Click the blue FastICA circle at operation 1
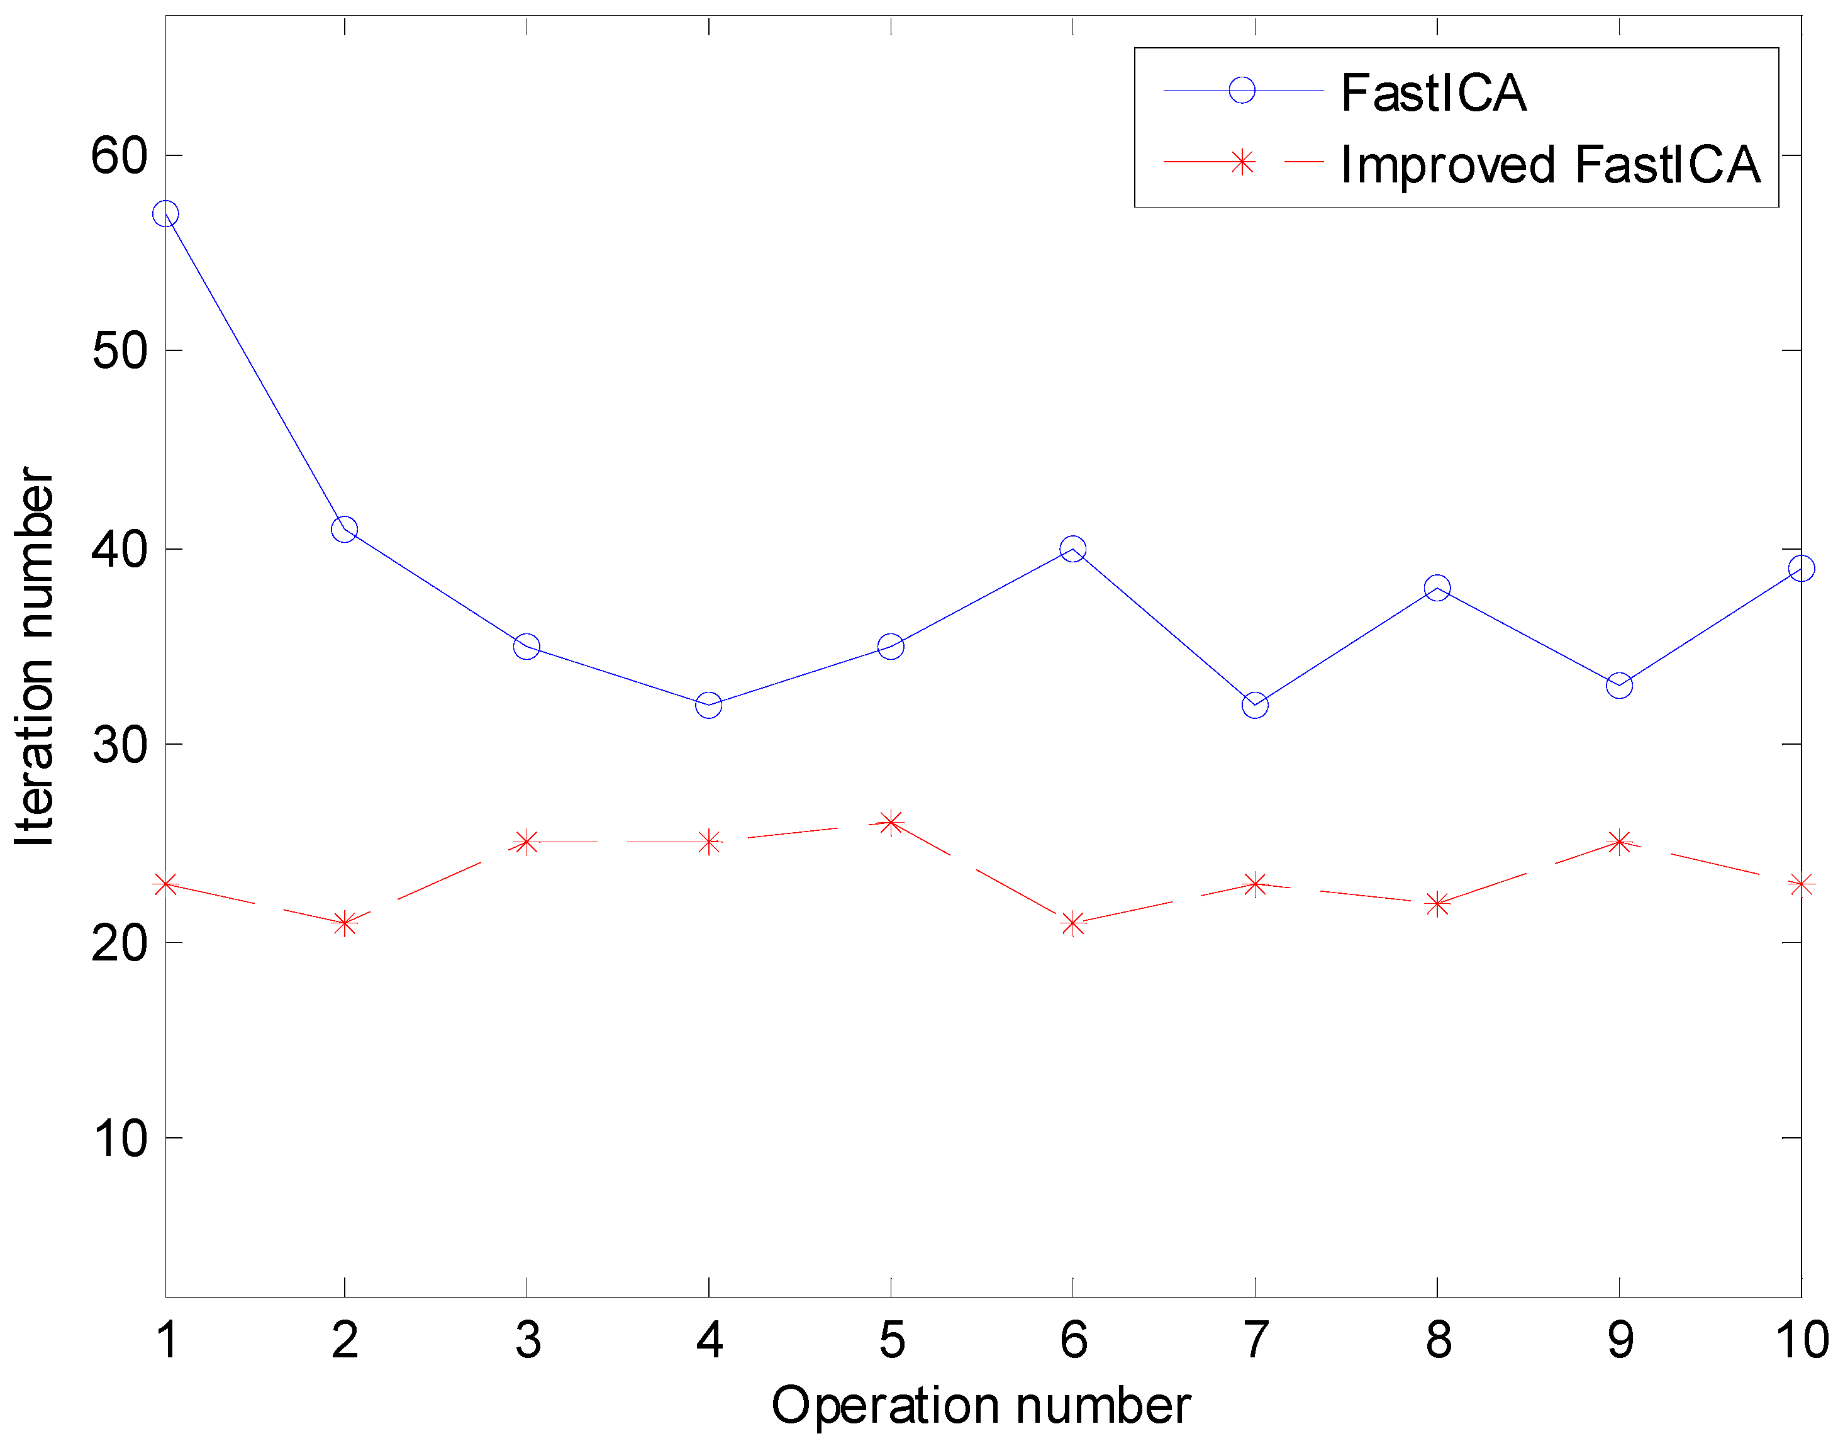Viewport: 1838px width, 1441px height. coord(166,213)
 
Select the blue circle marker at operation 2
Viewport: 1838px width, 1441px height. coord(344,530)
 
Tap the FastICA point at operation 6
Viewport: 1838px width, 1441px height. coord(1073,549)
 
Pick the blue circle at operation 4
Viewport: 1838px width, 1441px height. coord(708,705)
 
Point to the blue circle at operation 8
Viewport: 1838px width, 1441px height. coord(1437,588)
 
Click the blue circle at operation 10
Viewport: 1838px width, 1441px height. coord(1801,569)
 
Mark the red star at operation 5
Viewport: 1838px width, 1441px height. coord(891,823)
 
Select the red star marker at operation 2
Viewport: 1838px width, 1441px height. coord(344,923)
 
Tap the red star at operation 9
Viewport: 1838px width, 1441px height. coord(1620,842)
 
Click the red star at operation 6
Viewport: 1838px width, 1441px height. coord(1073,923)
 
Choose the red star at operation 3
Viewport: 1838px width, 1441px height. coord(526,842)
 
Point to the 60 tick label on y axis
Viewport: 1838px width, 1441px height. coord(119,156)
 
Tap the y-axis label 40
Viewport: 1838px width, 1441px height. coord(119,549)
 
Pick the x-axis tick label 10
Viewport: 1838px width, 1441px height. coord(1802,1340)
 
